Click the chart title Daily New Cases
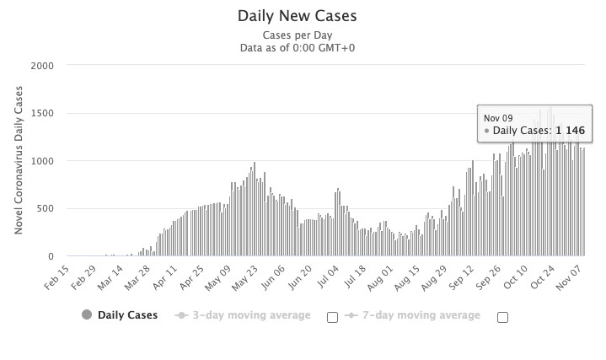point(298,16)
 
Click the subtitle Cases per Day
point(298,35)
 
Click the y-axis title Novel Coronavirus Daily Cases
point(19,161)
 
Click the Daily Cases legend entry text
point(126,315)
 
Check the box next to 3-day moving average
point(332,317)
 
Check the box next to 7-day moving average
point(503,317)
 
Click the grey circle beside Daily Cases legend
point(87,315)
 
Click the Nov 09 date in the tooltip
point(498,118)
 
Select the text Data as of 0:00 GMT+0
point(298,47)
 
